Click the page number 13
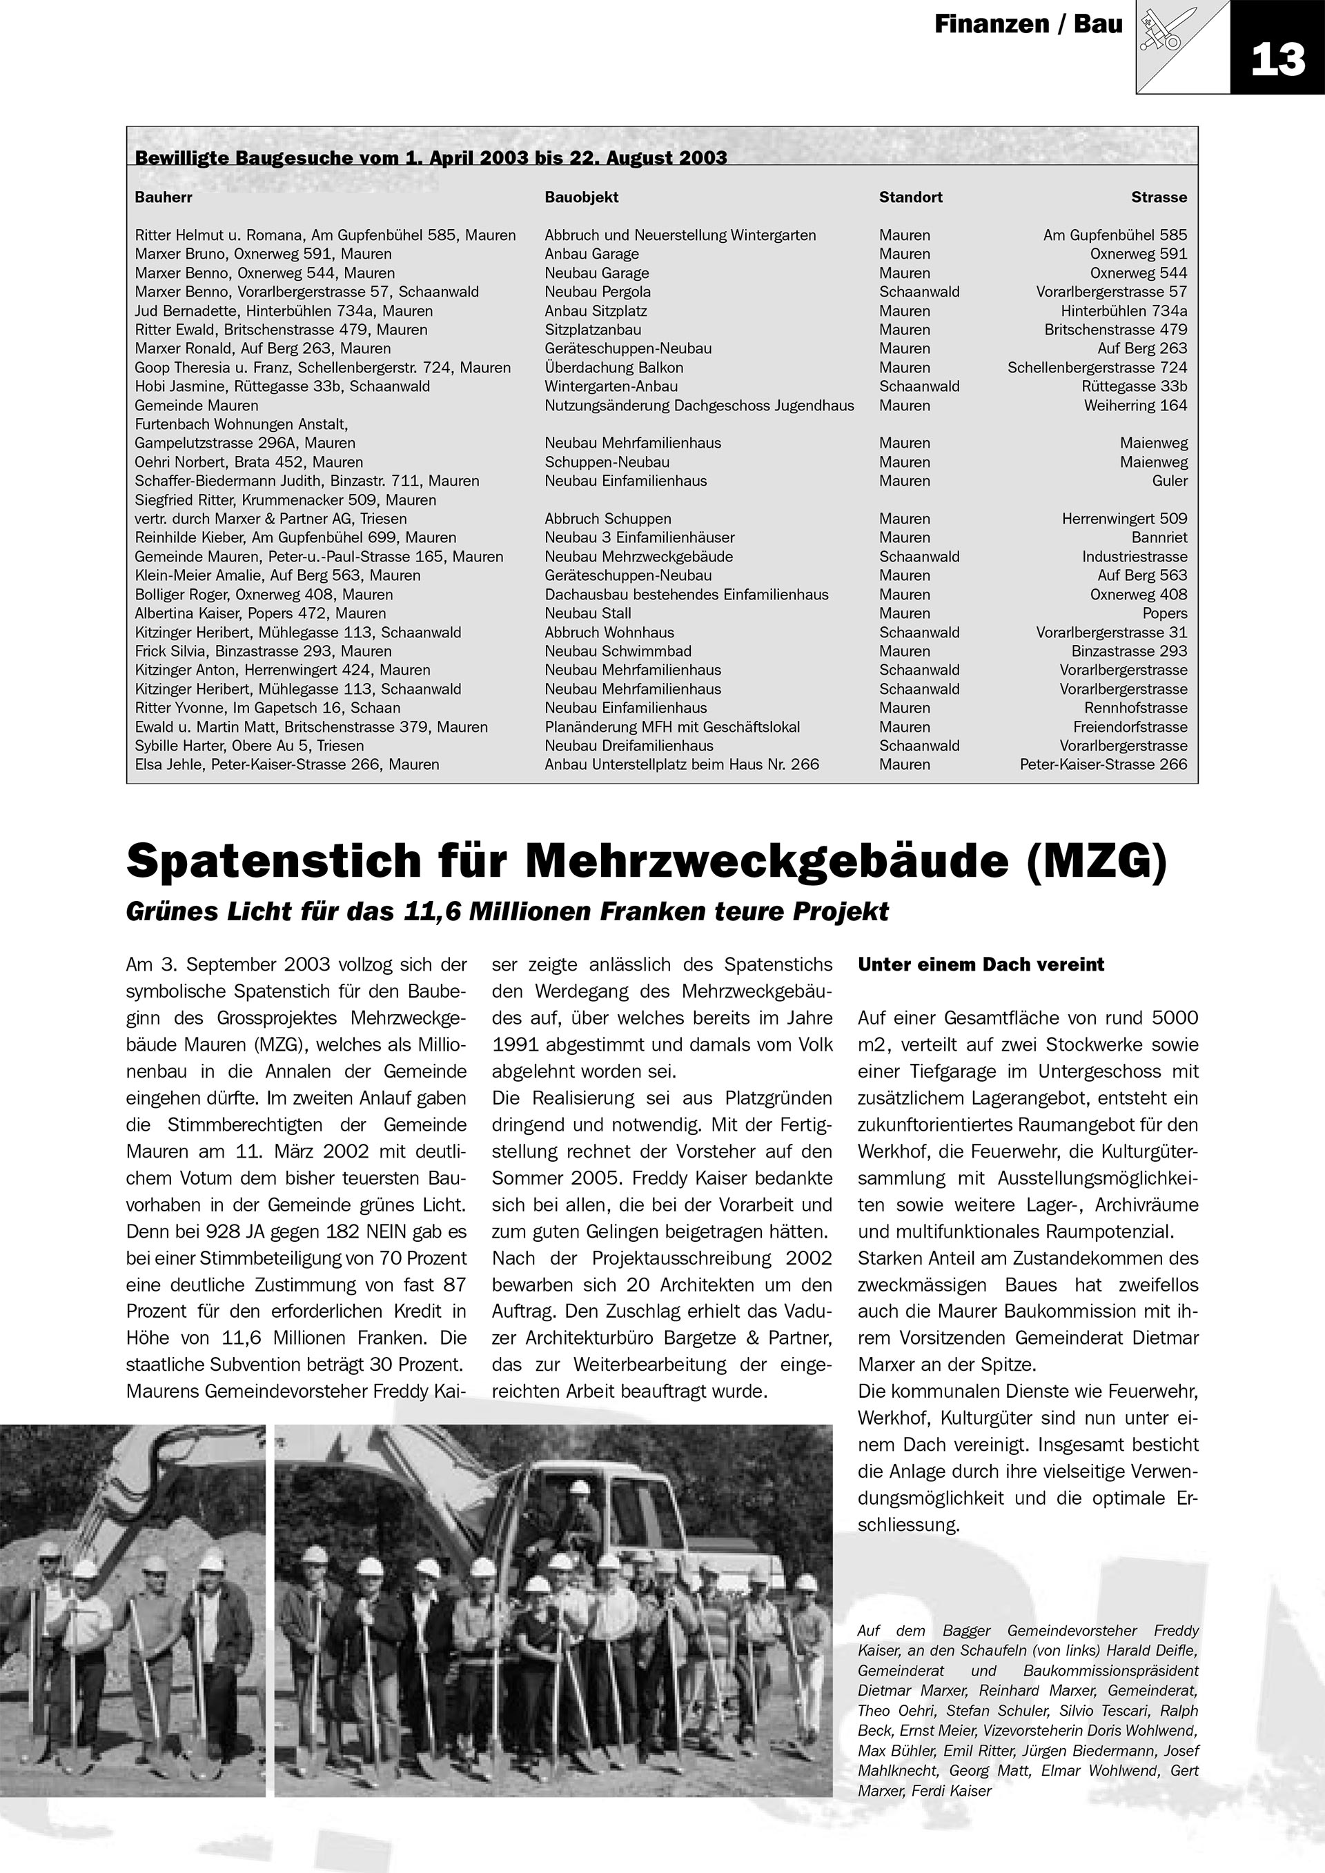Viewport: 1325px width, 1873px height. click(1277, 59)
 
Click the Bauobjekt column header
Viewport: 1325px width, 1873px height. click(581, 197)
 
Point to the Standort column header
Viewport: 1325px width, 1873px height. click(910, 197)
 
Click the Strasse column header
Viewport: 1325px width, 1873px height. click(1159, 197)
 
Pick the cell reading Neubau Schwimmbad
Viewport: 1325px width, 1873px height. click(618, 651)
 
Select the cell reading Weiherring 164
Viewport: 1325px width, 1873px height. click(1135, 406)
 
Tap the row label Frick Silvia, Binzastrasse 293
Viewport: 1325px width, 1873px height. click(263, 651)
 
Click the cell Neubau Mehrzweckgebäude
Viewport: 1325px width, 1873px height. click(638, 556)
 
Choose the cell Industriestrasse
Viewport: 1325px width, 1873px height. click(1134, 556)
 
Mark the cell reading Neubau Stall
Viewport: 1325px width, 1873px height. click(587, 613)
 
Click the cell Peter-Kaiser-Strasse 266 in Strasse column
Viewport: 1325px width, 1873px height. click(1103, 764)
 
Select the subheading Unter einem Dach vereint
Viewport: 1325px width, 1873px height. click(981, 964)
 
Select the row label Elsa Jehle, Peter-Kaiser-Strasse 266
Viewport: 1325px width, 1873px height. click(286, 764)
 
